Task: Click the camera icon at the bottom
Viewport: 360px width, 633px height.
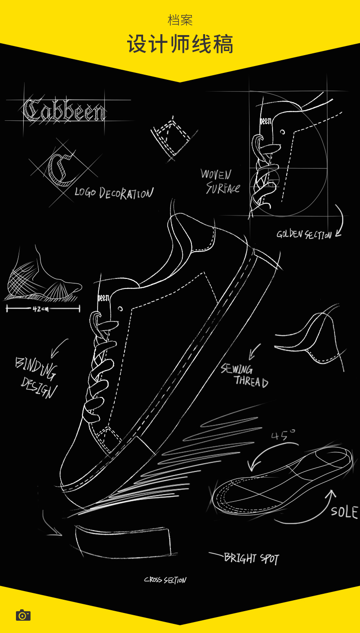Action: (23, 615)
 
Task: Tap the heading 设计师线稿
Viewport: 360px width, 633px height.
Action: (180, 44)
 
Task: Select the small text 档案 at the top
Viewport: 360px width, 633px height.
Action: (180, 20)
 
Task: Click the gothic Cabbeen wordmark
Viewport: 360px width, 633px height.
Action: (64, 111)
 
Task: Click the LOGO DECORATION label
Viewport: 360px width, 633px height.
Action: (114, 193)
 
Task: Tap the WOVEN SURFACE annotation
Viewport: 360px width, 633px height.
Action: (220, 181)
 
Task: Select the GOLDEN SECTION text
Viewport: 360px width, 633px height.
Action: (304, 235)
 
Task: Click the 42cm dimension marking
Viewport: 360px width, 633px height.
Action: (41, 309)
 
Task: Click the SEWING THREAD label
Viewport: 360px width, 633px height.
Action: (244, 376)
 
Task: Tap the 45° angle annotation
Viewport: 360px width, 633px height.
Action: (283, 435)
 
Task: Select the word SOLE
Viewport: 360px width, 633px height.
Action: (344, 512)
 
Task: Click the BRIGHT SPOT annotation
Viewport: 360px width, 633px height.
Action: (251, 558)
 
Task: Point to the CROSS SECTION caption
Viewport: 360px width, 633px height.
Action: (165, 580)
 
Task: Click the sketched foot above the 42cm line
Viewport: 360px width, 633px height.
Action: (43, 278)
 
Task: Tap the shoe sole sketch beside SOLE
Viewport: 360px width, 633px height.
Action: (283, 483)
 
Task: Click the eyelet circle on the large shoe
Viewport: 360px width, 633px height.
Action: (120, 309)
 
